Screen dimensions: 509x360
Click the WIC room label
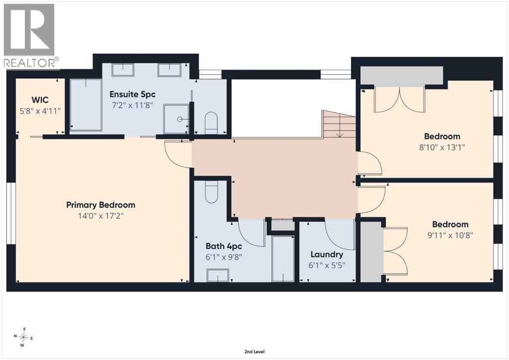[40, 99]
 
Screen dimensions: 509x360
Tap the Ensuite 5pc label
[132, 94]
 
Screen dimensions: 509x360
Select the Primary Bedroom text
[100, 205]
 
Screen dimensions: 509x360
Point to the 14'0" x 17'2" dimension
[100, 215]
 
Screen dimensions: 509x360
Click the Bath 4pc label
[224, 247]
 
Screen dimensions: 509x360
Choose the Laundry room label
[327, 255]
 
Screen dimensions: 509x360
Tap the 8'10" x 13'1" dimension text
[442, 147]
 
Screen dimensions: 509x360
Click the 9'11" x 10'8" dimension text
[450, 235]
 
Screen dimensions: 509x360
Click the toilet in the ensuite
[211, 123]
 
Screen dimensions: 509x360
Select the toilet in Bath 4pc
[211, 191]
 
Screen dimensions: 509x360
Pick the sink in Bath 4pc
[218, 275]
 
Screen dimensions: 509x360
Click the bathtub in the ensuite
[85, 104]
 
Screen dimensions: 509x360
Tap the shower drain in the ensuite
[180, 119]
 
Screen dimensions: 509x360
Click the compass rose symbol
[23, 338]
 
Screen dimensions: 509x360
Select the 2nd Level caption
[254, 352]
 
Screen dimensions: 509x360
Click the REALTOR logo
[29, 36]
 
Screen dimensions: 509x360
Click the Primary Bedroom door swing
[178, 155]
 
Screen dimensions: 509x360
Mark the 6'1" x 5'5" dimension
[327, 266]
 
